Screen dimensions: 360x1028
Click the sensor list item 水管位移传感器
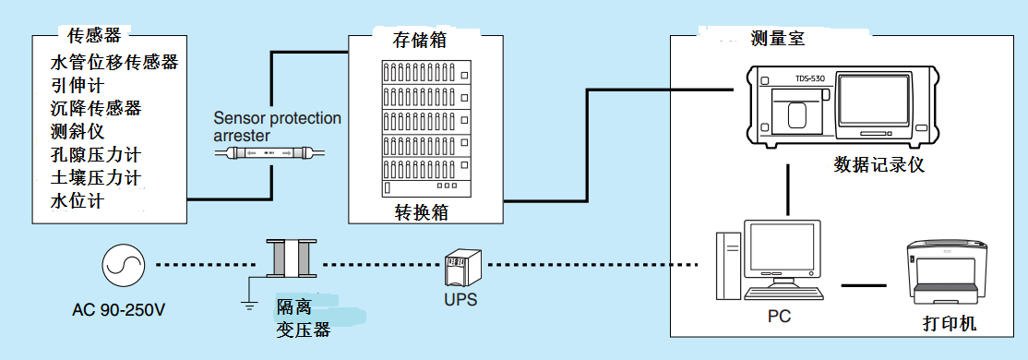[x=114, y=64]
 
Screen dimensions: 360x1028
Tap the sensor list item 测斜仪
[x=78, y=131]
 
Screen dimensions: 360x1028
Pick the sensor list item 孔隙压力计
[x=94, y=153]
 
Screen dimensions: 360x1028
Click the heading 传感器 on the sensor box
[x=94, y=35]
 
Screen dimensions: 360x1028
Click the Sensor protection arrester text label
[x=277, y=126]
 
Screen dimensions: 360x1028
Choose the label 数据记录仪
[x=879, y=165]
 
